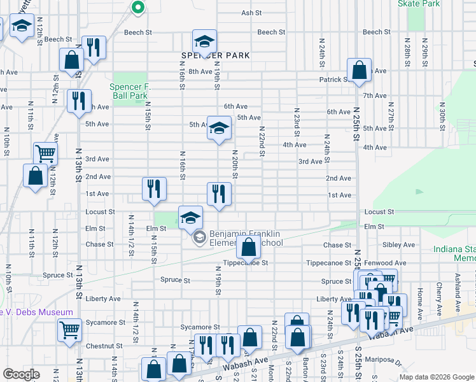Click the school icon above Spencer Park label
(204, 41)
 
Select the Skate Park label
(418, 3)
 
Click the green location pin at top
(137, 7)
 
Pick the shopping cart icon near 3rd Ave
(45, 153)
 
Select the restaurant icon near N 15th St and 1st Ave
(153, 188)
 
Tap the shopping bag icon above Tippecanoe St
(249, 246)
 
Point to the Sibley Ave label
(398, 244)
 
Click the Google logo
(21, 374)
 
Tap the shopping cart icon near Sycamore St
(69, 330)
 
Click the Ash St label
(251, 13)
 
